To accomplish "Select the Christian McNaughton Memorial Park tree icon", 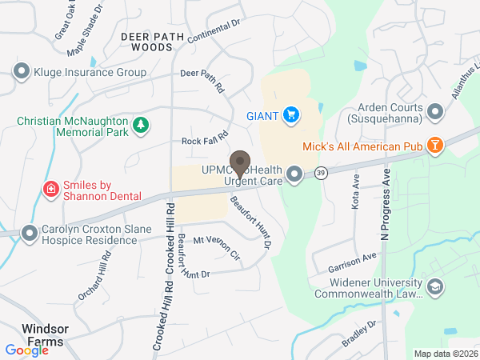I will pyautogui.click(x=140, y=124).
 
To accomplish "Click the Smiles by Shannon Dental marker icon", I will pyautogui.click(x=50, y=190).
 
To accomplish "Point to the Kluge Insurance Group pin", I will pyautogui.click(x=22, y=72).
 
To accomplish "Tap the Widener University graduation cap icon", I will pyautogui.click(x=434, y=287).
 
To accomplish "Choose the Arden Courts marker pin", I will pyautogui.click(x=435, y=111).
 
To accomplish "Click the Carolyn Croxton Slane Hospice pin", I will pyautogui.click(x=30, y=234).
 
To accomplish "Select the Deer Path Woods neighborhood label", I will pyautogui.click(x=146, y=42).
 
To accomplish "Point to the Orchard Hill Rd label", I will pyautogui.click(x=94, y=274).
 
